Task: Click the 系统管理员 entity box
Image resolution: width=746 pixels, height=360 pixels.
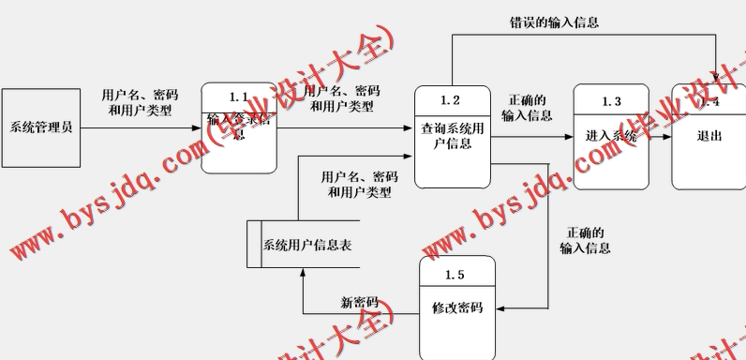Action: click(41, 127)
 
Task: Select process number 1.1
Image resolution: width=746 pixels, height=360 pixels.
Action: click(239, 97)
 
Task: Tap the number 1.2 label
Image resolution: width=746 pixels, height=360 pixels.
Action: click(451, 100)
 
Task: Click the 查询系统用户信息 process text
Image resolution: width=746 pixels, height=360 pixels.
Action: click(452, 137)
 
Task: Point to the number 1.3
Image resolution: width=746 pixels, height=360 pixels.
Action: click(611, 100)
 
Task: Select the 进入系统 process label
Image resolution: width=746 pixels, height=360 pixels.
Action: click(611, 136)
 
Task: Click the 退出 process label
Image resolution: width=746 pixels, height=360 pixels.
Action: click(709, 136)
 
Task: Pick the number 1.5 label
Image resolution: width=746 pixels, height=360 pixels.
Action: click(455, 274)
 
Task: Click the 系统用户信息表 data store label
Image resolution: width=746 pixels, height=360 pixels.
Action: click(307, 246)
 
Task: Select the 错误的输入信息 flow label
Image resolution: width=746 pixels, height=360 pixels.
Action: click(554, 22)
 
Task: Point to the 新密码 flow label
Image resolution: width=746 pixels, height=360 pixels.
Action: click(359, 303)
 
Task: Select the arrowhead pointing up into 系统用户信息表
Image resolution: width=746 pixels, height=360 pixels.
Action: click(303, 273)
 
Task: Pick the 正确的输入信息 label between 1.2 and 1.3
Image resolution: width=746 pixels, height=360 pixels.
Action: click(527, 108)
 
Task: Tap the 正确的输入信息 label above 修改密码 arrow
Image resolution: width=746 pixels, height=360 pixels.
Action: click(585, 240)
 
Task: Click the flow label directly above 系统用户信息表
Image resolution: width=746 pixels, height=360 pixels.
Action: click(359, 184)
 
